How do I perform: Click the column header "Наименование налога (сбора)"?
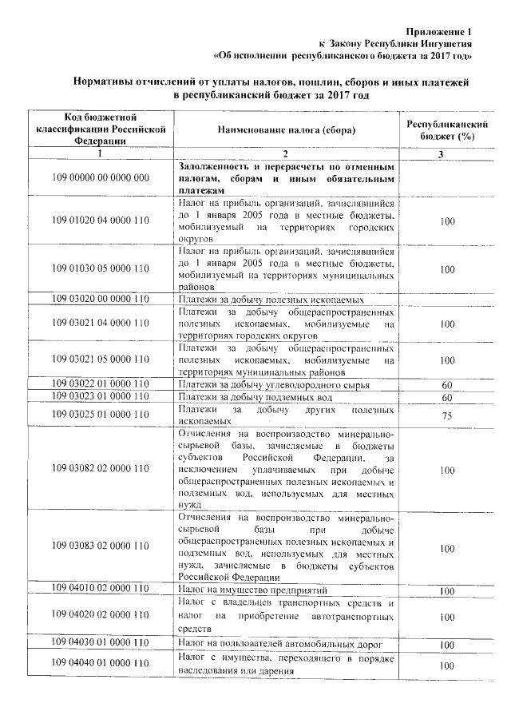(x=286, y=130)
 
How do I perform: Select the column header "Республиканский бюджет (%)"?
(x=447, y=131)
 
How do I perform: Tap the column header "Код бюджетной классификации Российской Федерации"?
(x=101, y=129)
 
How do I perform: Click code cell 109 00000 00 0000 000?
(x=101, y=177)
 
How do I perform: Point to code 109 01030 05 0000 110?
(x=101, y=269)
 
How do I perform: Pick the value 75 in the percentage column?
(x=447, y=416)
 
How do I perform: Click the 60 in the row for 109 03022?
(x=447, y=385)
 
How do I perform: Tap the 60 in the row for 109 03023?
(x=447, y=398)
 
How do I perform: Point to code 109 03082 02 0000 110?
(x=101, y=471)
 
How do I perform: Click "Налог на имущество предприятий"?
(x=253, y=589)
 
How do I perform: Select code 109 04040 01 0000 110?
(x=101, y=663)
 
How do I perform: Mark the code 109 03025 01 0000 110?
(x=101, y=414)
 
